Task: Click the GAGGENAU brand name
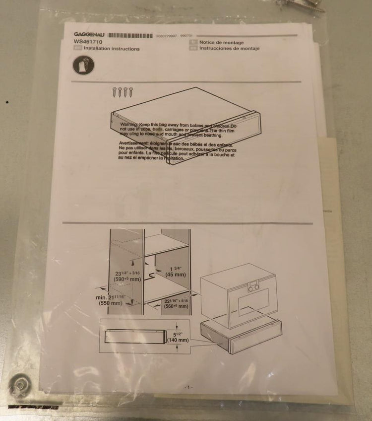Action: click(89, 35)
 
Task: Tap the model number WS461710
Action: click(88, 42)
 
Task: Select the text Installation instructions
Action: click(112, 49)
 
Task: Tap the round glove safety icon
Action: click(83, 65)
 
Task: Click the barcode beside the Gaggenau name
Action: click(130, 35)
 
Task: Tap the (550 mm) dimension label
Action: click(110, 303)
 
